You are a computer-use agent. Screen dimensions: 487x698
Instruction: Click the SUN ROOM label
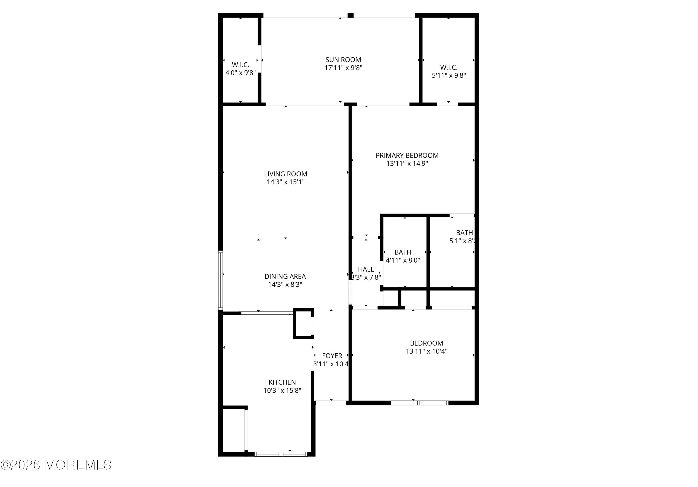[x=343, y=60]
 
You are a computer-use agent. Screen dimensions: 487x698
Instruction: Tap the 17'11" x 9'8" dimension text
[x=343, y=68]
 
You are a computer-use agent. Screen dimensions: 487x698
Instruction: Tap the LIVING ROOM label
[x=285, y=174]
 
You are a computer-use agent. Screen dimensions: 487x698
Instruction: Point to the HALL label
[x=366, y=269]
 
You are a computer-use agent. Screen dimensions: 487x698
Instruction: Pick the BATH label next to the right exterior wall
[x=464, y=232]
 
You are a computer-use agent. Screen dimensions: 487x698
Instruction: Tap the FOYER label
[x=332, y=355]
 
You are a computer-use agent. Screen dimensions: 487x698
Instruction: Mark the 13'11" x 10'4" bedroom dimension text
[x=426, y=351]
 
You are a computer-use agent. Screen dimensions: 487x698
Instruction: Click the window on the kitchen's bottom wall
[x=281, y=454]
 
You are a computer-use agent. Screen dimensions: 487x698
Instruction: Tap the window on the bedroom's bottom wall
[x=419, y=403]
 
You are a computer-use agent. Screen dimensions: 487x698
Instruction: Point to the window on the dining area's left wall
[x=221, y=280]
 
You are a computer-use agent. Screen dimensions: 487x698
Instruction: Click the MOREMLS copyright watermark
[x=56, y=465]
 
